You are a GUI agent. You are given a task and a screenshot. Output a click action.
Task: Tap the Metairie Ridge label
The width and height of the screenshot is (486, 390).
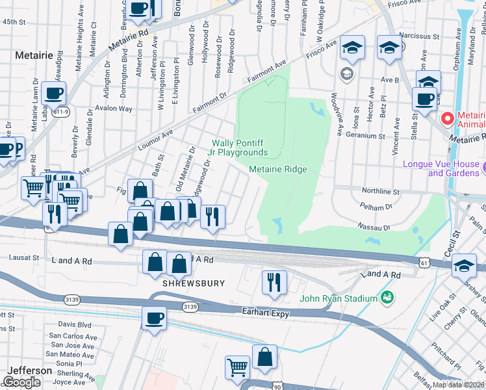[x=277, y=170]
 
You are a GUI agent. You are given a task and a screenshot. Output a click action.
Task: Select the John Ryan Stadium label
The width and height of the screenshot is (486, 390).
[x=339, y=298]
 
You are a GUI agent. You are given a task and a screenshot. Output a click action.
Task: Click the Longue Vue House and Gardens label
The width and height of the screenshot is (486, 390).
[x=441, y=168]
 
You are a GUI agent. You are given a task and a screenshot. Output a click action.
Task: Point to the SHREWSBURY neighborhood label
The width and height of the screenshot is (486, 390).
[x=194, y=284]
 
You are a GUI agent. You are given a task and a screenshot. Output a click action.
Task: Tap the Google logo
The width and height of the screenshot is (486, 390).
[x=21, y=382]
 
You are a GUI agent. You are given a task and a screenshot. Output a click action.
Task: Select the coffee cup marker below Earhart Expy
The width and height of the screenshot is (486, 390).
[x=155, y=318]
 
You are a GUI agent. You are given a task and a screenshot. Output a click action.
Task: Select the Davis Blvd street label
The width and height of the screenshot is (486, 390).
[x=75, y=324]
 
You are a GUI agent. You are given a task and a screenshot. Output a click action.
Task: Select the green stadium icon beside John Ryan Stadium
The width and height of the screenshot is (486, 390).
[x=387, y=298]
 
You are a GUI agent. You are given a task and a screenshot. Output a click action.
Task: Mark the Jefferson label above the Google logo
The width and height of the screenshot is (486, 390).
[x=29, y=370]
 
